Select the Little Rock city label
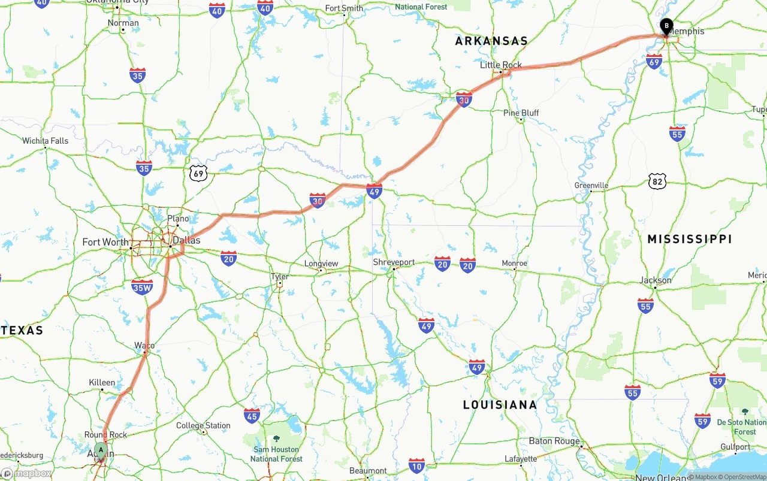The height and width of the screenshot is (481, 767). tap(501, 65)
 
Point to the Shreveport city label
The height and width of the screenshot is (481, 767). tap(394, 262)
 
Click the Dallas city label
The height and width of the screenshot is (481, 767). tap(186, 241)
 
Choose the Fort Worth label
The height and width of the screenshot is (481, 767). tap(105, 242)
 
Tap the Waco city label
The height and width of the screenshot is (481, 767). tap(144, 346)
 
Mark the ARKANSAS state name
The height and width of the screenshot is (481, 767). tap(491, 41)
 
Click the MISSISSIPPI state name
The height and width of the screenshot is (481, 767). tap(690, 239)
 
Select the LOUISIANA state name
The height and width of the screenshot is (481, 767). tap(500, 405)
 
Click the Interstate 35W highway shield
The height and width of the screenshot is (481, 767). tap(142, 287)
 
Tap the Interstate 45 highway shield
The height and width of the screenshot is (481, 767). tap(252, 416)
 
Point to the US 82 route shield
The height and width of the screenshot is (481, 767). tap(657, 180)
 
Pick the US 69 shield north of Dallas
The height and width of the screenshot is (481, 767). tap(198, 174)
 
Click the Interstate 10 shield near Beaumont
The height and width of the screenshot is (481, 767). tap(417, 465)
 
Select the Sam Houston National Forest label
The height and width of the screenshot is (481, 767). tap(276, 453)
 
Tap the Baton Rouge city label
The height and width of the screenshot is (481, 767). tap(554, 441)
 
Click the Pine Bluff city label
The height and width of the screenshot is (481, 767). tap(521, 113)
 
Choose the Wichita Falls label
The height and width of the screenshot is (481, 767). tap(46, 141)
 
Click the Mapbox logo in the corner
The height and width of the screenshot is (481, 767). tap(26, 473)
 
